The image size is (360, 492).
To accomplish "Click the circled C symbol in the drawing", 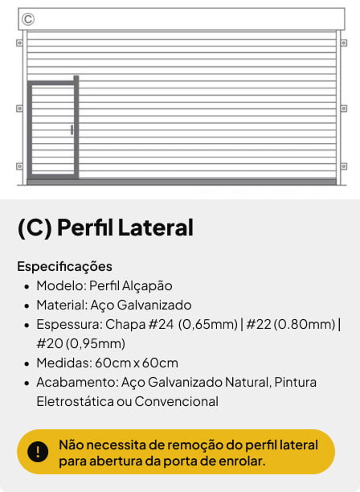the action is click(28, 18).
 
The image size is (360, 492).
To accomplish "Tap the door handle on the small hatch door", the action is click(72, 129).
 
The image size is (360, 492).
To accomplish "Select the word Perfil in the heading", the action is click(84, 228).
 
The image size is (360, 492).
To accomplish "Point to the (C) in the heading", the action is click(35, 228).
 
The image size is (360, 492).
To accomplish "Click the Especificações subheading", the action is click(64, 266).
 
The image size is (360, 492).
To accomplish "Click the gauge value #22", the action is click(259, 324).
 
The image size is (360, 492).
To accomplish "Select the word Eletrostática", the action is click(74, 401).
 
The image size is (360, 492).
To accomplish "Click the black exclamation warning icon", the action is click(38, 452).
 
